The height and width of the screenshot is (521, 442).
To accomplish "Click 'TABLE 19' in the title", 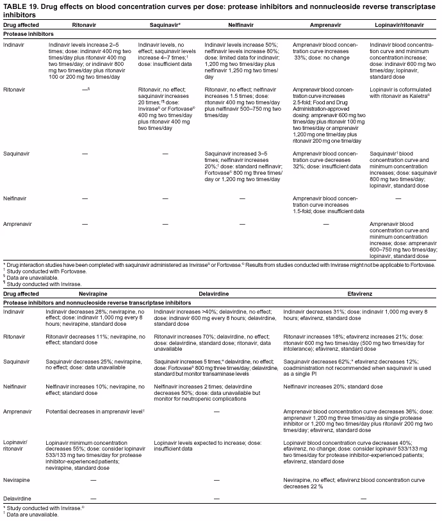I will pos(20,6).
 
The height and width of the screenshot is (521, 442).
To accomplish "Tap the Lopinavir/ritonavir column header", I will pos(402,24).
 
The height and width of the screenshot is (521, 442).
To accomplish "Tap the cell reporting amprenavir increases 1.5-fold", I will pos(329,204).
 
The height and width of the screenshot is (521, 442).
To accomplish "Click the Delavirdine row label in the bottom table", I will pos(19,497).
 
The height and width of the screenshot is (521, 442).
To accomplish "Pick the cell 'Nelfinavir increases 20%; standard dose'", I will pos(332,387).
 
